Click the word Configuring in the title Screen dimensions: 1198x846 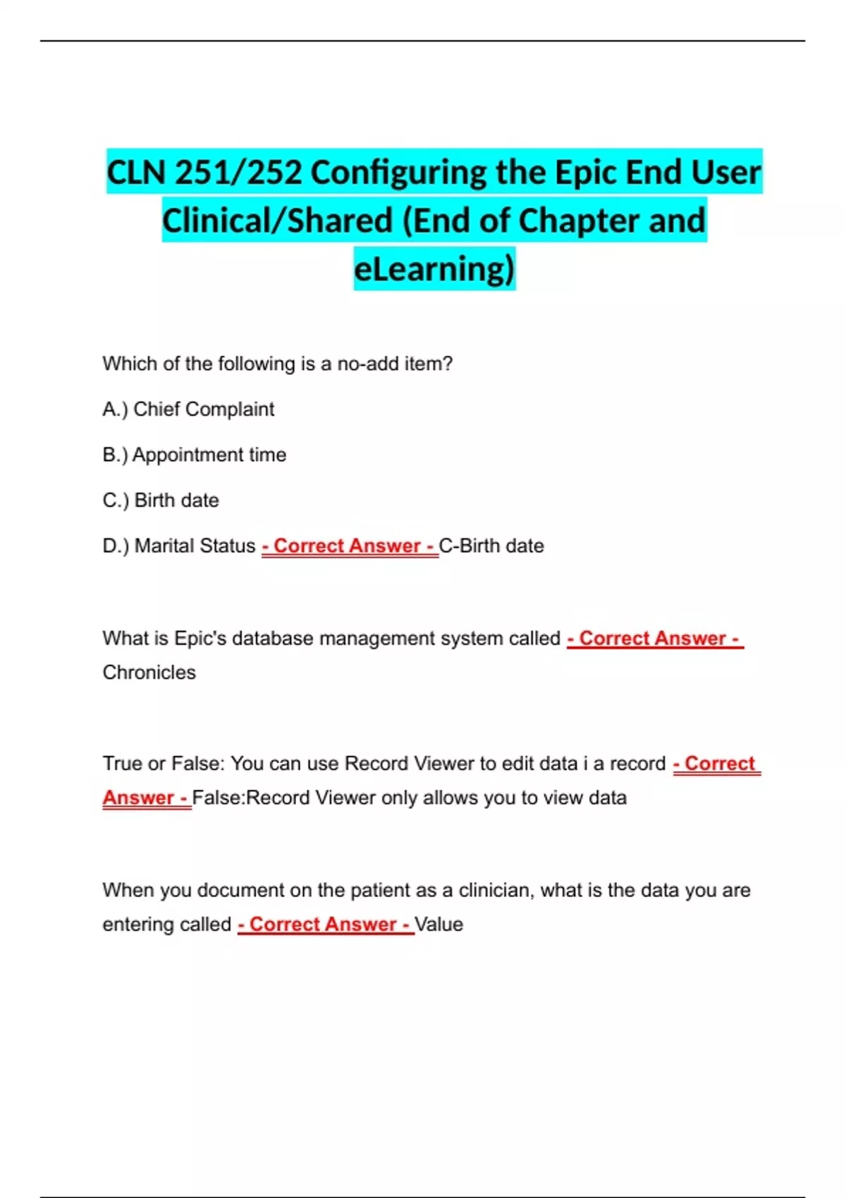pos(398,173)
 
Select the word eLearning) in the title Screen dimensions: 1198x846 pos(434,268)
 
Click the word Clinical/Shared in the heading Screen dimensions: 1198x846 pos(277,221)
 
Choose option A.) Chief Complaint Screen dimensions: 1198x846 pos(188,409)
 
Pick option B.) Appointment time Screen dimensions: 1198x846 pos(194,455)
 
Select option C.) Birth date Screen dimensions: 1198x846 pos(161,500)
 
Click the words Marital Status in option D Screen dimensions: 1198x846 pos(195,546)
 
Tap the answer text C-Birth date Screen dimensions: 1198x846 pos(491,546)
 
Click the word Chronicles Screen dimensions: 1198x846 pos(149,672)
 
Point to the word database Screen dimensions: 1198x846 pos(273,638)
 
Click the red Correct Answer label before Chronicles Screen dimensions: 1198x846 pos(655,638)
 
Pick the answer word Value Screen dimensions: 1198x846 pos(439,925)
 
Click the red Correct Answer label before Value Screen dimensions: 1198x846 pos(326,925)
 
